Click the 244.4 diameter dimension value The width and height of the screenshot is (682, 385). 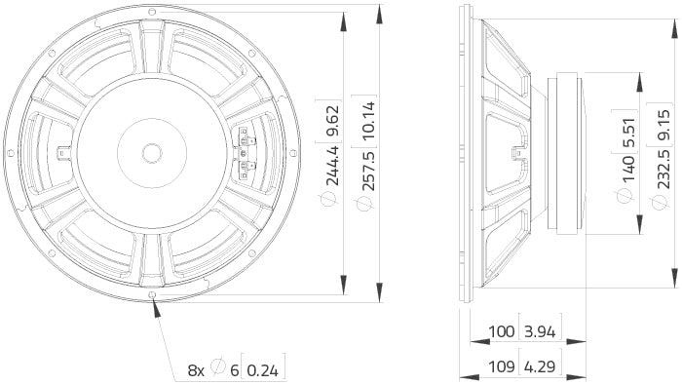(332, 165)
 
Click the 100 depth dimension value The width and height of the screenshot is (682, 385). (502, 304)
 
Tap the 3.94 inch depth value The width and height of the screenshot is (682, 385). (539, 304)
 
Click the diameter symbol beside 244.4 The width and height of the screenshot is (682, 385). (332, 199)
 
